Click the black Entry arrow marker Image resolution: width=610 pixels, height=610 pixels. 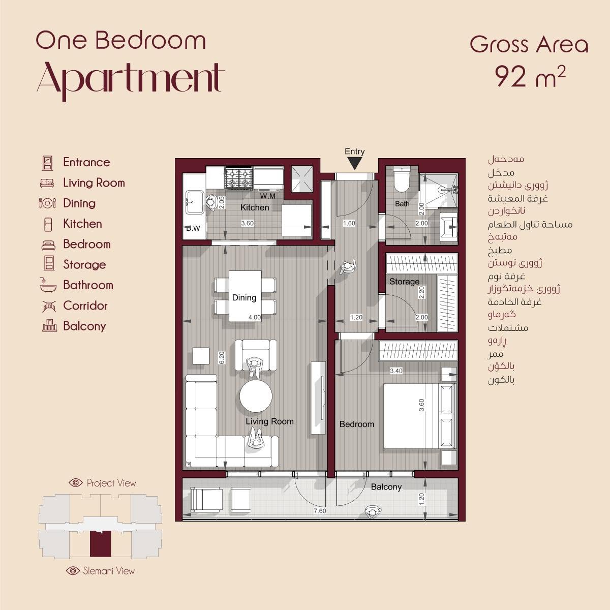[354, 164]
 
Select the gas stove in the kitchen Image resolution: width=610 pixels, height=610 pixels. [238, 178]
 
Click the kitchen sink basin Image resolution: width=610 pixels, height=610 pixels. [194, 202]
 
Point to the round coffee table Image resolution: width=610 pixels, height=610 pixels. [256, 396]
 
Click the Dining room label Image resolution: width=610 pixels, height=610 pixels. [244, 297]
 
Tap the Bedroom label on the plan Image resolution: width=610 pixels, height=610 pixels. [357, 424]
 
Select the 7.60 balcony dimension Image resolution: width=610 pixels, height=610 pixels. [320, 510]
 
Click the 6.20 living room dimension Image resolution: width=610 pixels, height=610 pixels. [222, 358]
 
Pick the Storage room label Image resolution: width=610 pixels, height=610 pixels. [404, 282]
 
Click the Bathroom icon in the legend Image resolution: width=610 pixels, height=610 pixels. [48, 285]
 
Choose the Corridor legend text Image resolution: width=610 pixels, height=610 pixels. [85, 306]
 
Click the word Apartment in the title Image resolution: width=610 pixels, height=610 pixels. [131, 80]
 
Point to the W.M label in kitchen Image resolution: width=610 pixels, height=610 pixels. [268, 196]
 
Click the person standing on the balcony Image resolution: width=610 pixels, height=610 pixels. [373, 512]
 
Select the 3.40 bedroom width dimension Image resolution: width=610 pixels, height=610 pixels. [396, 371]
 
